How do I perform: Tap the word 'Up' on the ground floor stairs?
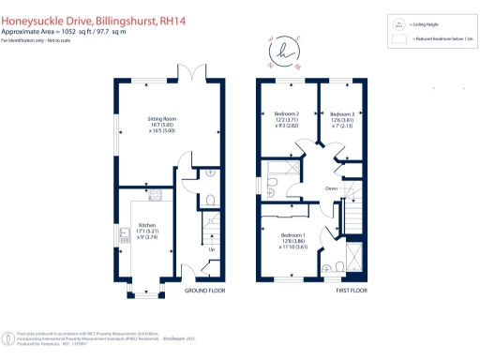pyautogui.click(x=211, y=250)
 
